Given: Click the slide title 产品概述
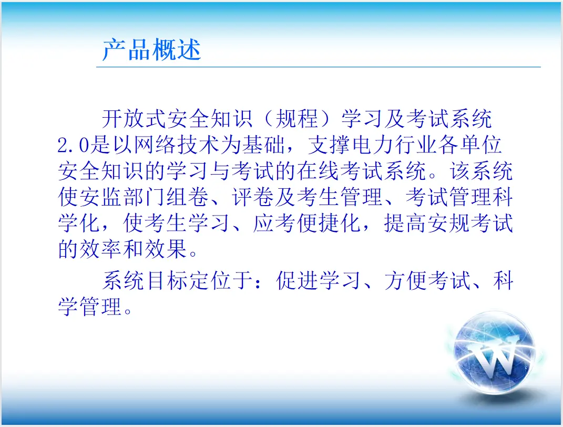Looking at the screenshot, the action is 151,49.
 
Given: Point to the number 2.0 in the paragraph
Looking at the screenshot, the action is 73,145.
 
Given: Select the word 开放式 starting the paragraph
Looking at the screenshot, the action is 134,118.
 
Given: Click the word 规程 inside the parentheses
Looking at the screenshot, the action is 297,118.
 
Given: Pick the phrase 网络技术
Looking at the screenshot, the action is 177,145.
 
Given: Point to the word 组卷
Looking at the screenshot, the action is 187,197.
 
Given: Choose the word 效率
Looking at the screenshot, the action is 101,249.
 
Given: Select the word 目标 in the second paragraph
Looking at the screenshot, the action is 167,280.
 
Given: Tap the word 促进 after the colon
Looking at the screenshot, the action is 297,280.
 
